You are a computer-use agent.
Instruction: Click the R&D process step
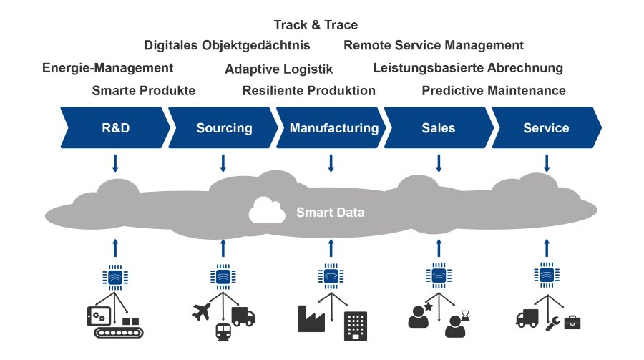(114, 128)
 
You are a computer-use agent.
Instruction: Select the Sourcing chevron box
(224, 128)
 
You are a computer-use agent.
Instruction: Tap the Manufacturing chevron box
(333, 128)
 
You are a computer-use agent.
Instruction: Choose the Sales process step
(438, 128)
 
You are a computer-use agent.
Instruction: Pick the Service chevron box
(546, 128)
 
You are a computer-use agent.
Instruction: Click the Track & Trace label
(316, 26)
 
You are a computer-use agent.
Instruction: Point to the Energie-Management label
(107, 68)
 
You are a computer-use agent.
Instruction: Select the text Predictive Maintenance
(493, 91)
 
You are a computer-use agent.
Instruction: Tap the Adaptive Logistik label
(278, 69)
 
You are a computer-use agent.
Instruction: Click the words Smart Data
(330, 212)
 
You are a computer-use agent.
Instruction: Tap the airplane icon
(204, 312)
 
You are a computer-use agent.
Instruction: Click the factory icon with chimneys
(312, 318)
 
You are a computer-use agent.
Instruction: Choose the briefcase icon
(572, 323)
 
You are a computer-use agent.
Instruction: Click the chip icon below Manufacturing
(330, 276)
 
